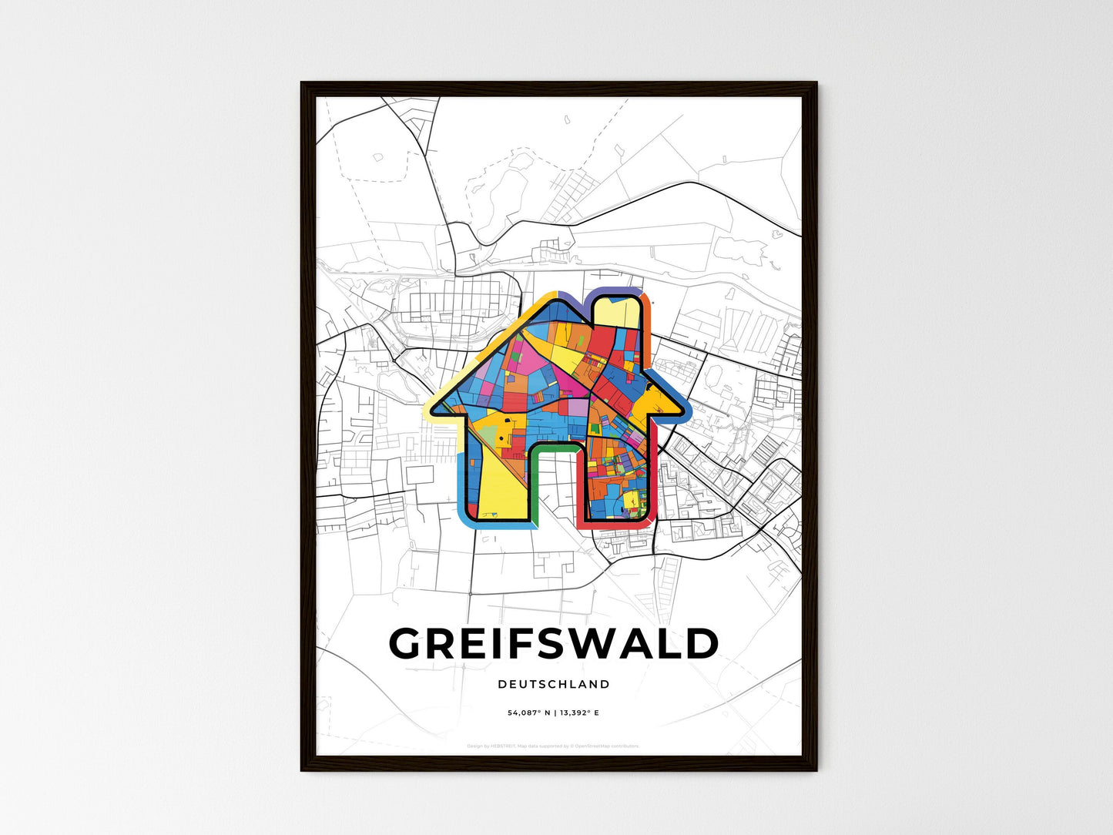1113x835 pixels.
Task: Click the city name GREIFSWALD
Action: [x=554, y=644]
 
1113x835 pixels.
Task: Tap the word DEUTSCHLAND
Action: [x=554, y=684]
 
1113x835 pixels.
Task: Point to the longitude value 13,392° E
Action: [x=578, y=713]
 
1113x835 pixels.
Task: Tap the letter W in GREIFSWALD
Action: [x=608, y=644]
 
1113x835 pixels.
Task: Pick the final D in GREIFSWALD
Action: [x=701, y=644]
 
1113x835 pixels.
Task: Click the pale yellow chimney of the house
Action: [x=621, y=313]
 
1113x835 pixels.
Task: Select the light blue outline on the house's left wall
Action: [x=461, y=478]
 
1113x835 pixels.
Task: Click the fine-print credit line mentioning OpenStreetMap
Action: [x=554, y=746]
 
